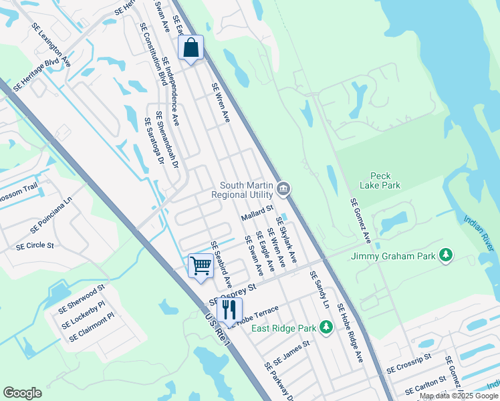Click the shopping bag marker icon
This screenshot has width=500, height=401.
[191, 48]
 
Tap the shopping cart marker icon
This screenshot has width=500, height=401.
[201, 266]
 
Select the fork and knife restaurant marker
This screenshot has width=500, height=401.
[229, 309]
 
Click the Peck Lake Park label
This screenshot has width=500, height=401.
[379, 180]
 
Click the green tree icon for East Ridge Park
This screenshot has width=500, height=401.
[326, 327]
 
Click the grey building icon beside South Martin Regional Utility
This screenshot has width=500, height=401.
[283, 190]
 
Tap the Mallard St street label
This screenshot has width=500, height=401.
[257, 215]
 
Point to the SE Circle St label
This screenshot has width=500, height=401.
[35, 246]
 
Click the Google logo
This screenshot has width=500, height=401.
[22, 393]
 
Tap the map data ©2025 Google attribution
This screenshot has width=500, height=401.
[459, 396]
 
